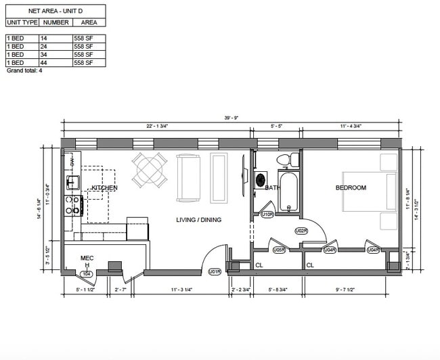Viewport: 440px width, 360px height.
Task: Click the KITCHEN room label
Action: (105, 187)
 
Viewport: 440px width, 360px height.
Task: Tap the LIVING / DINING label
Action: (198, 220)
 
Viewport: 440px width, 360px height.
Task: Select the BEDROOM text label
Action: (351, 187)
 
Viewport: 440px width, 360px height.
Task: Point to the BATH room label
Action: (273, 188)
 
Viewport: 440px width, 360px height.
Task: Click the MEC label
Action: (87, 258)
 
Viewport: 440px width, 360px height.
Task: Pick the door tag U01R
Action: (215, 272)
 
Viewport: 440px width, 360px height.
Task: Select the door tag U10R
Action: (267, 215)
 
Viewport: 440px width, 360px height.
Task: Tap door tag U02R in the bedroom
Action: (301, 231)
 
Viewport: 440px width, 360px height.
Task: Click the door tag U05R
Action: (279, 250)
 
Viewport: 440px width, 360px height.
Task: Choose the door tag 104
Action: (86, 273)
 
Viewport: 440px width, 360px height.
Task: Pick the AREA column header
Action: (89, 22)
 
